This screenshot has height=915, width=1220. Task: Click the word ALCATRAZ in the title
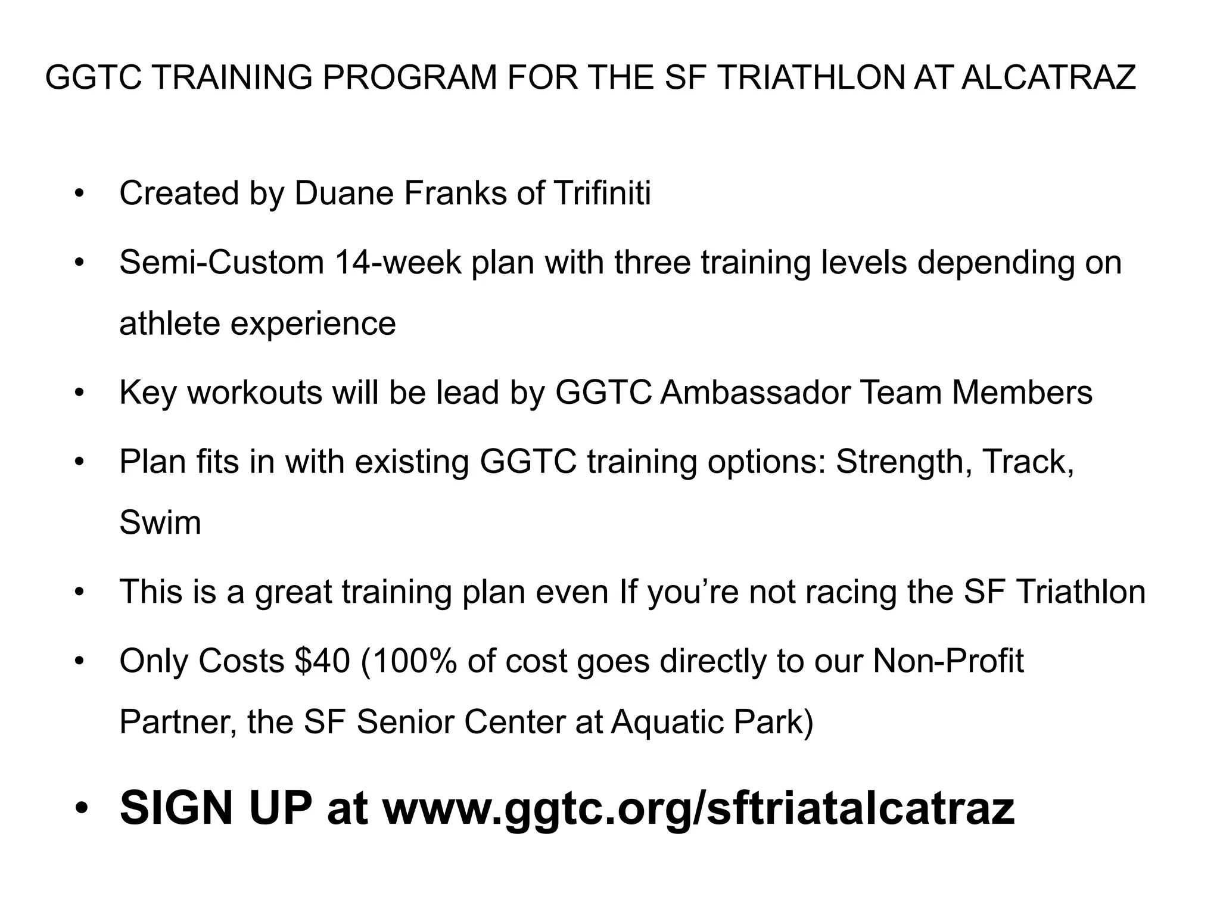1048,77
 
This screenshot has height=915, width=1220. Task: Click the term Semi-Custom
222,262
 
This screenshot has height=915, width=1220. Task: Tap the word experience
313,323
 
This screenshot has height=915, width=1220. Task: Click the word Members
1022,393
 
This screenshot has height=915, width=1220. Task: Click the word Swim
160,523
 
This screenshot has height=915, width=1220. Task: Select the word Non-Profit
948,661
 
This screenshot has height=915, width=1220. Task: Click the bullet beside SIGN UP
81,809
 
